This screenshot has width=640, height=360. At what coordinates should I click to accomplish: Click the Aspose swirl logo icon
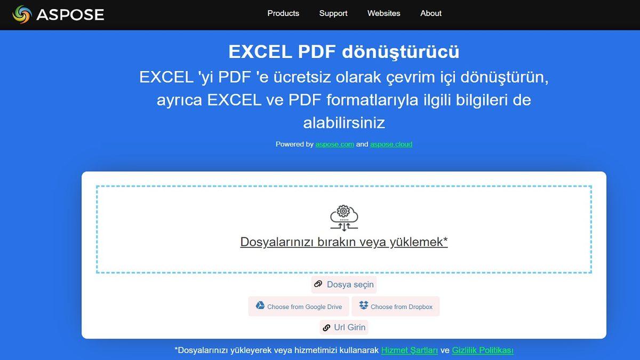(22, 14)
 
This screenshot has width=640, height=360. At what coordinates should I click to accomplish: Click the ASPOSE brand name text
(70, 14)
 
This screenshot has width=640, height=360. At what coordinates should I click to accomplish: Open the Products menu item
(283, 13)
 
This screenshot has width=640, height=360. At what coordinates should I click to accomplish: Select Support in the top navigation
(333, 13)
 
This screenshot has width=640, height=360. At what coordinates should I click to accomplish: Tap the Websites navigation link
(383, 13)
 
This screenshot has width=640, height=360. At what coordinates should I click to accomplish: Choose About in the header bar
(431, 13)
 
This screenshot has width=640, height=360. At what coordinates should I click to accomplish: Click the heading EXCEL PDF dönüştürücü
(343, 52)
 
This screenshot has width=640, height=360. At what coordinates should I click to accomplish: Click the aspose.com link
(334, 144)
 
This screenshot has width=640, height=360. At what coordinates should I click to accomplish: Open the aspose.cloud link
(391, 144)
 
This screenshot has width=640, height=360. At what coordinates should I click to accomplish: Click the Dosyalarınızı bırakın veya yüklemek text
(343, 242)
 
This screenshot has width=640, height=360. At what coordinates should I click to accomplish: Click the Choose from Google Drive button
(299, 307)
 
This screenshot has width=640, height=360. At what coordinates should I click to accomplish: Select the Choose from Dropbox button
(397, 307)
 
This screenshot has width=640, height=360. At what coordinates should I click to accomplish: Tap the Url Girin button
(344, 327)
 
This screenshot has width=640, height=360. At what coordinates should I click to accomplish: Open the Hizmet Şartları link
(409, 350)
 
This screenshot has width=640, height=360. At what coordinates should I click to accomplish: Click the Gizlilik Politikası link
(482, 350)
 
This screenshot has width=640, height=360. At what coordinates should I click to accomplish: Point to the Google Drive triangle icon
(260, 306)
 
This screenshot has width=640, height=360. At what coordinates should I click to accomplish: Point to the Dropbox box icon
(364, 306)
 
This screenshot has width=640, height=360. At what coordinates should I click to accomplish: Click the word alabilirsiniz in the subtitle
(343, 123)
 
